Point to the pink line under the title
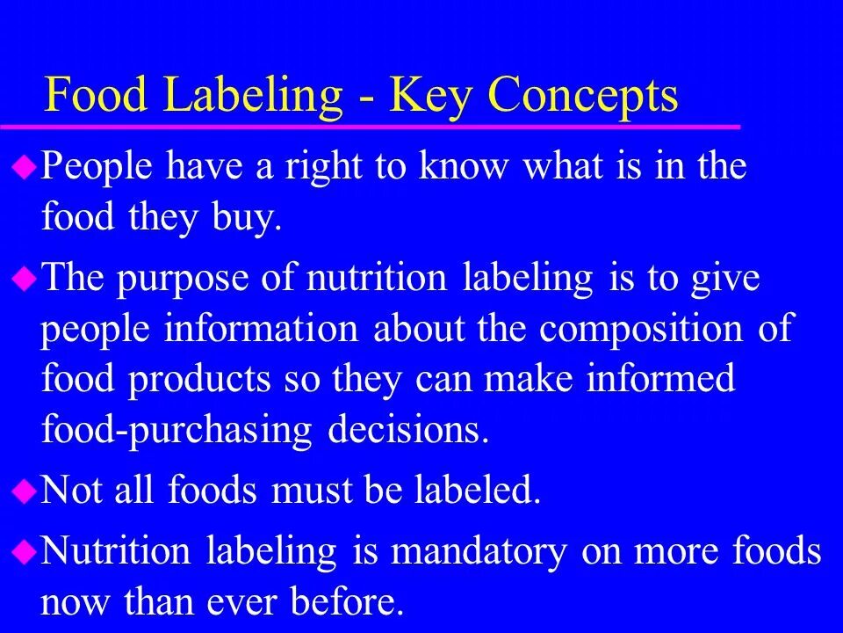tap(369, 127)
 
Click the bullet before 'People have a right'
tap(25, 165)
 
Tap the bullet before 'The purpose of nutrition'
tap(25, 279)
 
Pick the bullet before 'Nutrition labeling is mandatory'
tap(25, 551)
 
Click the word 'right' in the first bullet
tap(321, 167)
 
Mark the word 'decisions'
tap(407, 430)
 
